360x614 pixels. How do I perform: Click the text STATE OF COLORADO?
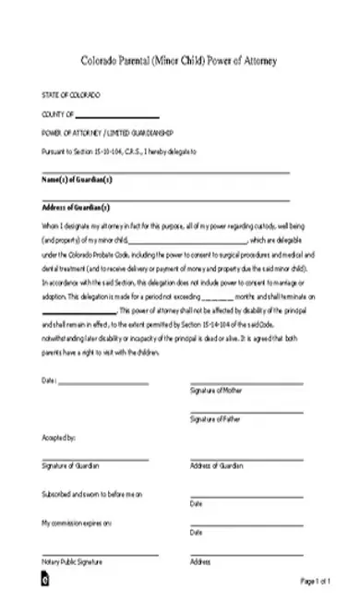point(71,96)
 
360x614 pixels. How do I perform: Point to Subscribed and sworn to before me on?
point(92,496)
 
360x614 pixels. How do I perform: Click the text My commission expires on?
point(77,524)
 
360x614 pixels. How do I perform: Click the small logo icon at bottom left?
point(45,583)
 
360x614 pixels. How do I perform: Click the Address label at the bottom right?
point(200,561)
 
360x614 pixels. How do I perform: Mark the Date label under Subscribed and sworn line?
point(196,504)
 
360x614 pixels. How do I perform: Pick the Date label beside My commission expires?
point(196,534)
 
